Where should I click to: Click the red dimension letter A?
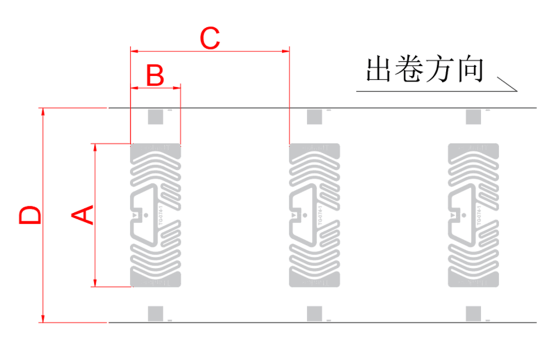click(83, 214)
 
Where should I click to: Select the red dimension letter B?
click(155, 76)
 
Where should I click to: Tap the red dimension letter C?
click(209, 39)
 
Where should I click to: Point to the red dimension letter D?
click(29, 215)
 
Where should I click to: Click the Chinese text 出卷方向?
click(425, 69)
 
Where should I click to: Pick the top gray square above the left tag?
click(156, 117)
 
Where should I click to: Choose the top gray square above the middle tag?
click(314, 117)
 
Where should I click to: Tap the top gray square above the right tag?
click(473, 117)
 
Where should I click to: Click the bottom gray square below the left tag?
click(156, 313)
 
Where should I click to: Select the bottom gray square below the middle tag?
click(314, 313)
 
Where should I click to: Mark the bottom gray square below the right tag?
click(473, 313)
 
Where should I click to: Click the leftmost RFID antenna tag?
click(156, 215)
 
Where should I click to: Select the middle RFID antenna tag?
click(314, 215)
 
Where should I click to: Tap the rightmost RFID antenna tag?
click(473, 215)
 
